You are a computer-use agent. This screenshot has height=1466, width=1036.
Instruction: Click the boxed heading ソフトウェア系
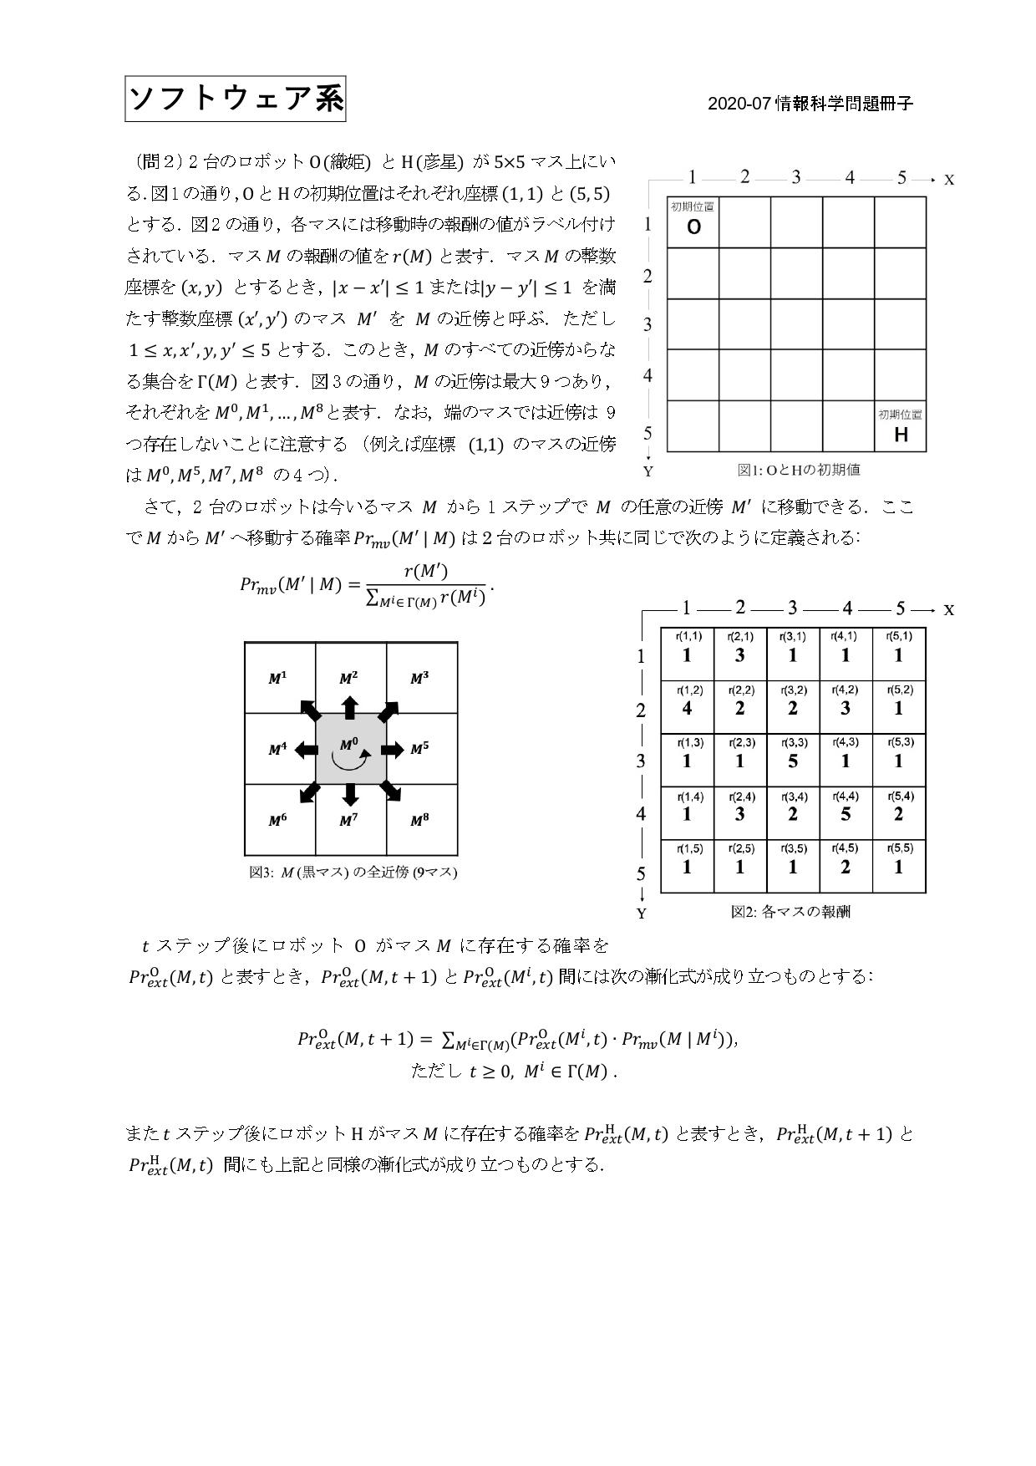[236, 99]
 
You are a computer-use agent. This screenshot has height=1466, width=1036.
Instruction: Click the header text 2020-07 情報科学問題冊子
[810, 104]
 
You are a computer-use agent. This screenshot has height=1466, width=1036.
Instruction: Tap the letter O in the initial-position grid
[693, 227]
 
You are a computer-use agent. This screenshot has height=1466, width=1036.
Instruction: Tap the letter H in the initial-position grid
[901, 435]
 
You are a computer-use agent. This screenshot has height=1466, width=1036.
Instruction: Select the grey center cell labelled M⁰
[351, 749]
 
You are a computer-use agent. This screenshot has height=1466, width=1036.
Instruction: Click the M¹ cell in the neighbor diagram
[278, 679]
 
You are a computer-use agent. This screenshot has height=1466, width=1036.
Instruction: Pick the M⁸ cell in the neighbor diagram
[420, 821]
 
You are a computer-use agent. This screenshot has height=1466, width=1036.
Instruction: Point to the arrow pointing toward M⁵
[392, 750]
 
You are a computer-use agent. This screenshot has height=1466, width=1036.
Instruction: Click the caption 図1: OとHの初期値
[798, 470]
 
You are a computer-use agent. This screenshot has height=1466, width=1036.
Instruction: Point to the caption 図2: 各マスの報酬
[790, 912]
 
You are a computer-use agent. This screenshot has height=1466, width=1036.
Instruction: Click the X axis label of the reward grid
[948, 610]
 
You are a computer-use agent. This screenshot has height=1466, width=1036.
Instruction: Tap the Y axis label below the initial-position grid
[647, 471]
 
